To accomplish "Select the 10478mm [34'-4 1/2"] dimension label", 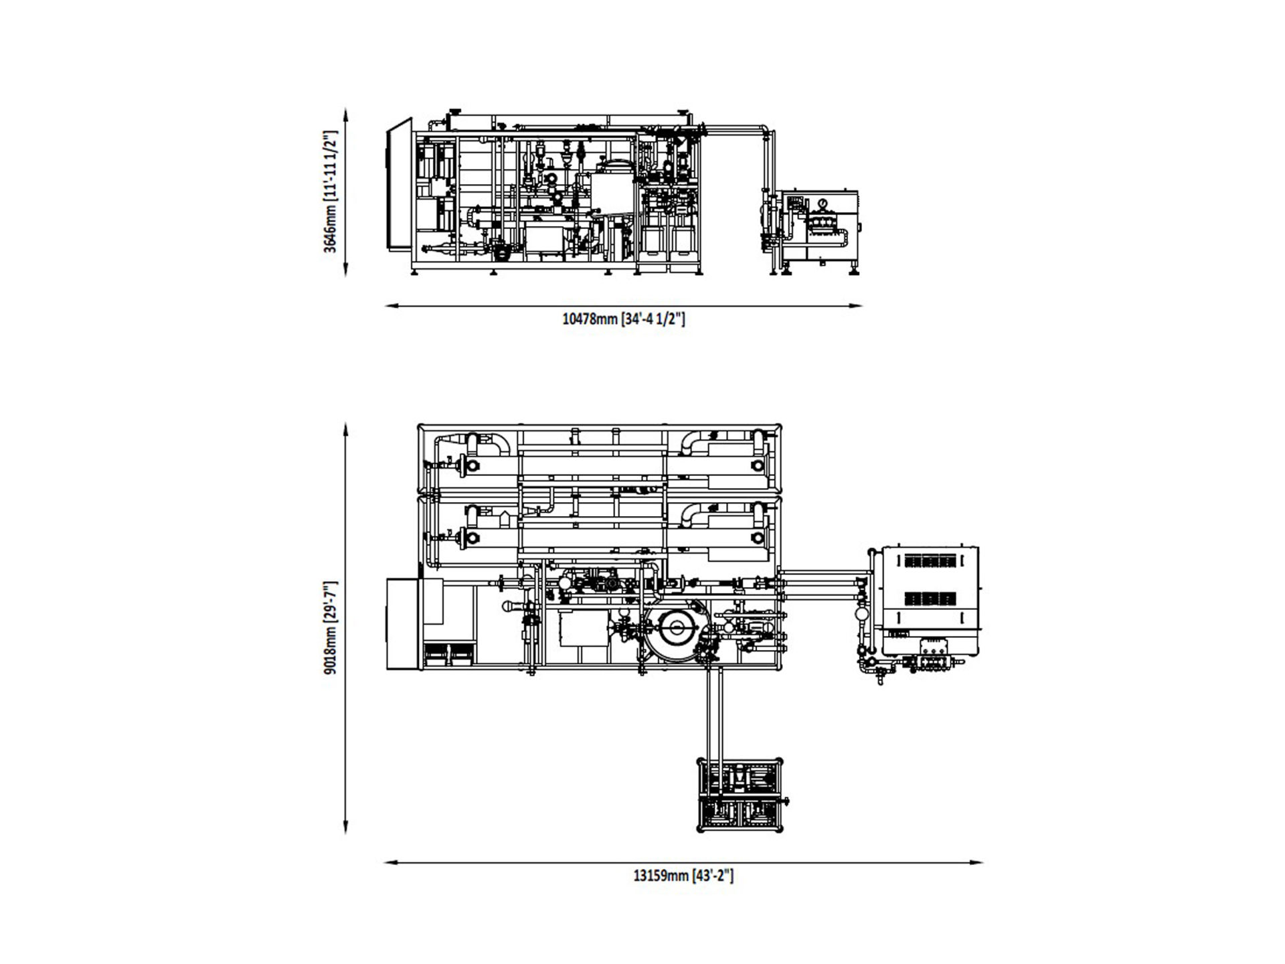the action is click(x=624, y=319).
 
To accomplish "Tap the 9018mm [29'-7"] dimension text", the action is click(x=330, y=627).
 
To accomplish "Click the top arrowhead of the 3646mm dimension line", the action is click(x=345, y=114).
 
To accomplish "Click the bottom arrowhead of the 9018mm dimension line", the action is click(x=345, y=827).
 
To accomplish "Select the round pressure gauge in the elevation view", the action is click(x=821, y=202).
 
